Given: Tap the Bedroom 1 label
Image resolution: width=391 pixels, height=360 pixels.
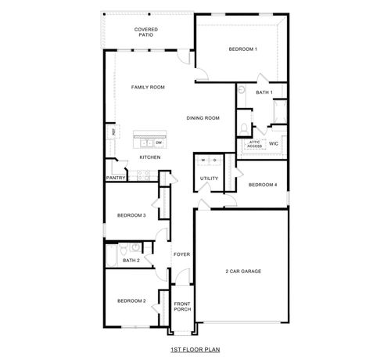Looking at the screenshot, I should point(242,50).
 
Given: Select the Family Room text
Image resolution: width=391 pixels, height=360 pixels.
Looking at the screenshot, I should point(147,88).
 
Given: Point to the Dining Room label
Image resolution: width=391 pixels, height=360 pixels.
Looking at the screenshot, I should point(203,118).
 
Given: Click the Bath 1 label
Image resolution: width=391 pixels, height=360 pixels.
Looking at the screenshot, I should point(264,92).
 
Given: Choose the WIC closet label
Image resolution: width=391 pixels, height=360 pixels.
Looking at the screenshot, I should point(274,144).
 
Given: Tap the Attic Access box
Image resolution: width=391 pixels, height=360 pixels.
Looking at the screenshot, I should point(255,145).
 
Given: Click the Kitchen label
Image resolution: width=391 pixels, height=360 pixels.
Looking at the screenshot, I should point(150,157).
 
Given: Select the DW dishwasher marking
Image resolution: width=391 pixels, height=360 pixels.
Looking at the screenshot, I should point(159,143).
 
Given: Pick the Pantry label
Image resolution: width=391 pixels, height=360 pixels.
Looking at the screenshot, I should point(116,178).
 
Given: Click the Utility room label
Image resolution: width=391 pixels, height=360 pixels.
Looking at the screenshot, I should point(209,178).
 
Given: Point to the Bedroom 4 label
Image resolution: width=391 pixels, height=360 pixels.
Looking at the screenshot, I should point(262,185).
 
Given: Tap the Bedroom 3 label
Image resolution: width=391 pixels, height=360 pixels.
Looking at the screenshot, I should point(131,215).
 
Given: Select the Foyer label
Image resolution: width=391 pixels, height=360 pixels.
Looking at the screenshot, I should point(182,255).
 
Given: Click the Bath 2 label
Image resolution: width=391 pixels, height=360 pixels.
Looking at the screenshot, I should point(131,260).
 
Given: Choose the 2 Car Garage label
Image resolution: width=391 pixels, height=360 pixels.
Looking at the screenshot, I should point(242,271).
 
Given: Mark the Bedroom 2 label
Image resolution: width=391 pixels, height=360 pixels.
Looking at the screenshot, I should point(131,301).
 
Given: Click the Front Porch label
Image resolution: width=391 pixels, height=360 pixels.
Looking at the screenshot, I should point(182,306).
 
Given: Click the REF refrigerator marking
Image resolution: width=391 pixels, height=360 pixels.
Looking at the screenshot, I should point(114,133).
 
